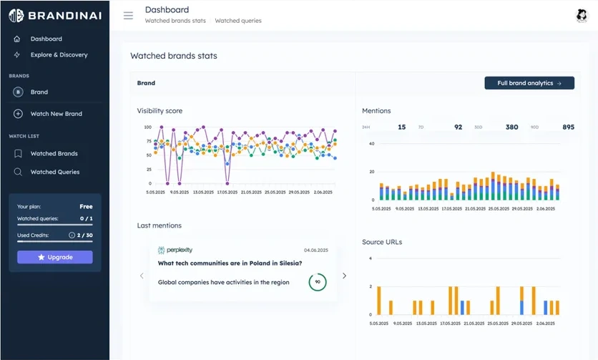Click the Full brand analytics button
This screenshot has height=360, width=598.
coord(529,83)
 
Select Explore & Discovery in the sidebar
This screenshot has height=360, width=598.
coord(59,55)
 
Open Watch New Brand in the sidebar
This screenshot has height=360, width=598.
coord(56,114)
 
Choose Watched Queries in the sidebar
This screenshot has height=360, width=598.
coord(54,172)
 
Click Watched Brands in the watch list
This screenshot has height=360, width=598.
coord(54,153)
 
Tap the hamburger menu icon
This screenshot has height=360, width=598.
coord(128,16)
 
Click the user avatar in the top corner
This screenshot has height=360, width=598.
coord(581,16)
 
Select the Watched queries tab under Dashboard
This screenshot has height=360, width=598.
coord(238,21)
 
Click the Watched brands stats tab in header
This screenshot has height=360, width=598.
coord(175,21)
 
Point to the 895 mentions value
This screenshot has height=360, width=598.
coord(568,127)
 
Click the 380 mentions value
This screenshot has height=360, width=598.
coord(511,127)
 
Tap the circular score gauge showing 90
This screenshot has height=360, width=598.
coord(318,282)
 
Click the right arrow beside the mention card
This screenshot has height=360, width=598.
coord(344,276)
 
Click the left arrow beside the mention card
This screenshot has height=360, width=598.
coord(142,276)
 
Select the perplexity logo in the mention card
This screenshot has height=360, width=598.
coord(175,250)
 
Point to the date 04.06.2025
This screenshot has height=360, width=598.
coord(315,250)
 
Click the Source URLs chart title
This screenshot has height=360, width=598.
coord(382,242)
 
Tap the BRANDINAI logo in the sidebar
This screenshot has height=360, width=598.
coord(54,15)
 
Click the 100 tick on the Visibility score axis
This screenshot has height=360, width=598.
coord(147,127)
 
